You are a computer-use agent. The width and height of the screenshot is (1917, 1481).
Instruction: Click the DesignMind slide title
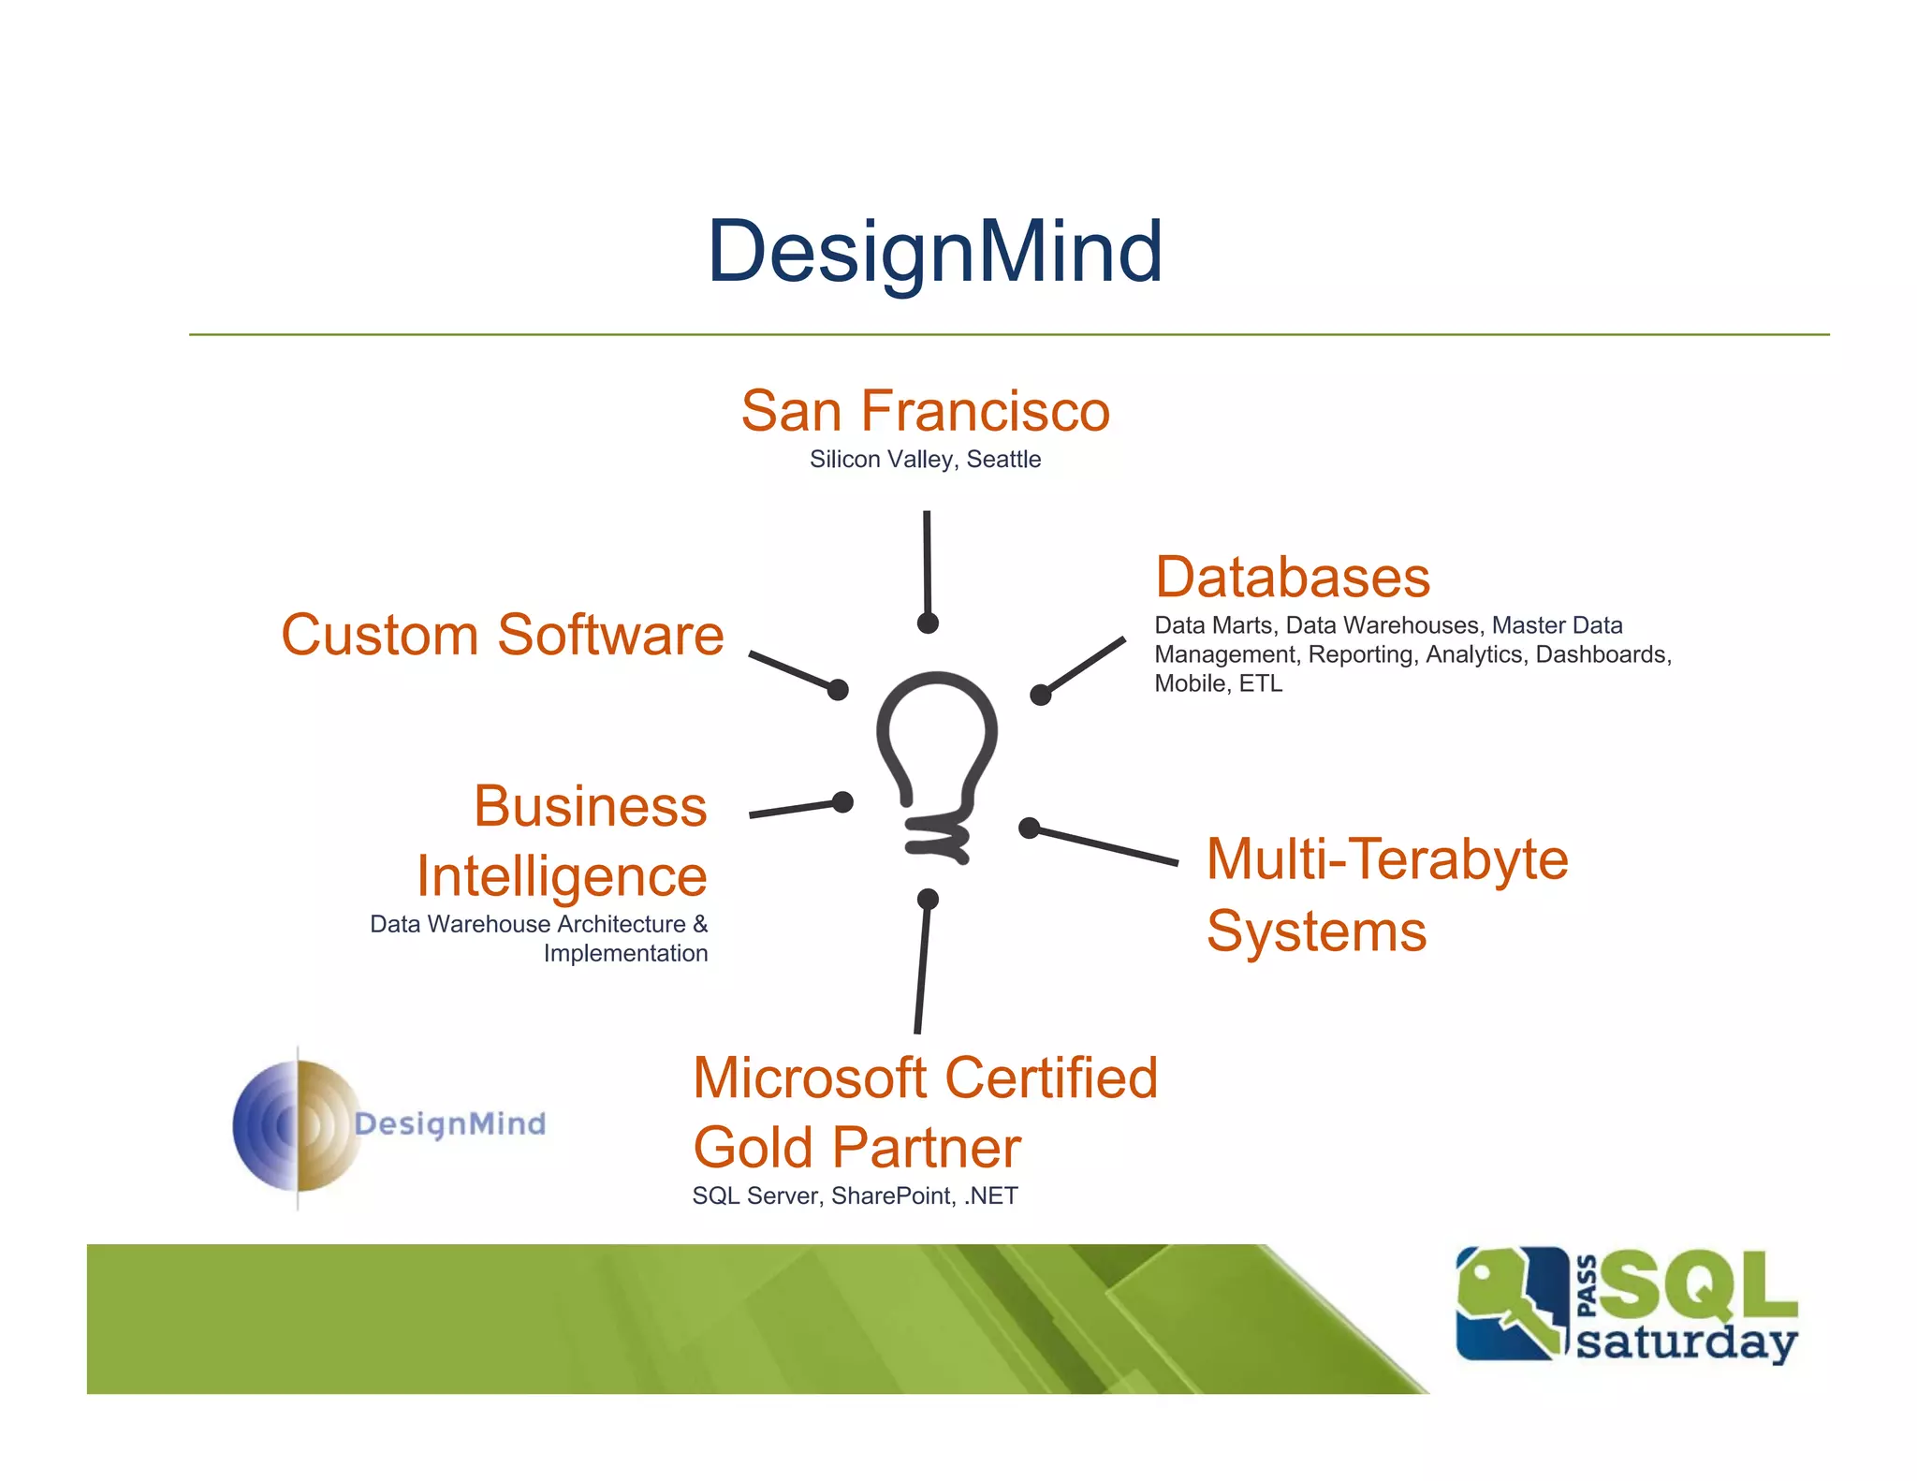[x=934, y=251]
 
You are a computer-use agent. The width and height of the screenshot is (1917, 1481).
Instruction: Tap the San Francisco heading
[x=925, y=411]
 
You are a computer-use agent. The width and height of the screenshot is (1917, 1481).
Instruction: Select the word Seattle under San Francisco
[x=1003, y=460]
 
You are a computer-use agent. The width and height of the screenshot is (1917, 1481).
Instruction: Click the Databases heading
[x=1292, y=577]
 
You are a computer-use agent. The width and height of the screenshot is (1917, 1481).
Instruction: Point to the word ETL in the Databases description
[x=1260, y=683]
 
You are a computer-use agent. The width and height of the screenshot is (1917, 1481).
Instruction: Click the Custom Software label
[x=503, y=635]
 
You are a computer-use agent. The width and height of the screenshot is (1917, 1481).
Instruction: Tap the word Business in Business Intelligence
[x=590, y=806]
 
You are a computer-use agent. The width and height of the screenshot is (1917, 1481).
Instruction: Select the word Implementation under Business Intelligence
[x=625, y=953]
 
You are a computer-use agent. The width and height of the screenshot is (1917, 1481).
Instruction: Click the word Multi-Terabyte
[x=1386, y=858]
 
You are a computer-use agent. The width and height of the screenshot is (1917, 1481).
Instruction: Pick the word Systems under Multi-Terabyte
[x=1316, y=931]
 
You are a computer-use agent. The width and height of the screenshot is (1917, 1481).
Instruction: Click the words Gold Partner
[x=856, y=1148]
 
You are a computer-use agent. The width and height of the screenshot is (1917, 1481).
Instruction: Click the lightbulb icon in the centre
[x=936, y=749]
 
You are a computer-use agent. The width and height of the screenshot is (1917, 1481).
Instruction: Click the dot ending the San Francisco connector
[x=928, y=623]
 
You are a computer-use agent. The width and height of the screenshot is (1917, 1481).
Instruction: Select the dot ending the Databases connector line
[x=1040, y=695]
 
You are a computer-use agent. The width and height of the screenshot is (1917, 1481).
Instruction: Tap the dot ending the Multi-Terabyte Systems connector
[x=1029, y=828]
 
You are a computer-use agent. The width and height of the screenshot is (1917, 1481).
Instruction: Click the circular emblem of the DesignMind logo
[x=297, y=1126]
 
